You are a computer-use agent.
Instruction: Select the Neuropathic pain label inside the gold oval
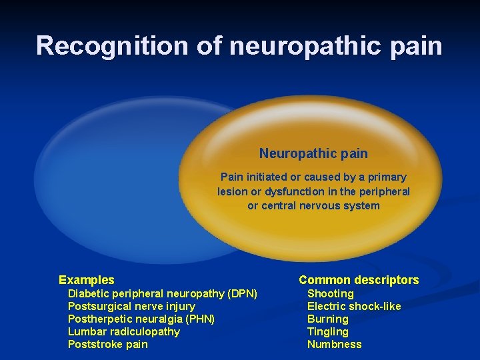pos(313,153)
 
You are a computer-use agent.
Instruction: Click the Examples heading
pos(87,280)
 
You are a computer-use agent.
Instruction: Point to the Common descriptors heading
pos(359,280)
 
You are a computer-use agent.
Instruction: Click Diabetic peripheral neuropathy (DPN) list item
pos(163,293)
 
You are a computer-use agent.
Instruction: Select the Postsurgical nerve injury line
pos(131,306)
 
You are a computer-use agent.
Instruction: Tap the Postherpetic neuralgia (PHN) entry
pos(141,319)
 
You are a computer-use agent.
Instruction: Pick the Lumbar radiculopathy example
pos(124,331)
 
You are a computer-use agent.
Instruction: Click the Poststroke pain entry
pos(108,344)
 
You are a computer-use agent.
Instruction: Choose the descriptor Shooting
pos(331,293)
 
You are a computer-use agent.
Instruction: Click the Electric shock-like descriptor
pos(354,306)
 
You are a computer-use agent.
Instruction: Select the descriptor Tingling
pos(328,331)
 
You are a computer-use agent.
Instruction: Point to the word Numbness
pos(335,344)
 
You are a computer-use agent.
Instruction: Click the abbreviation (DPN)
pos(242,293)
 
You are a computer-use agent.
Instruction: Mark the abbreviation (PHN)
pos(200,319)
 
